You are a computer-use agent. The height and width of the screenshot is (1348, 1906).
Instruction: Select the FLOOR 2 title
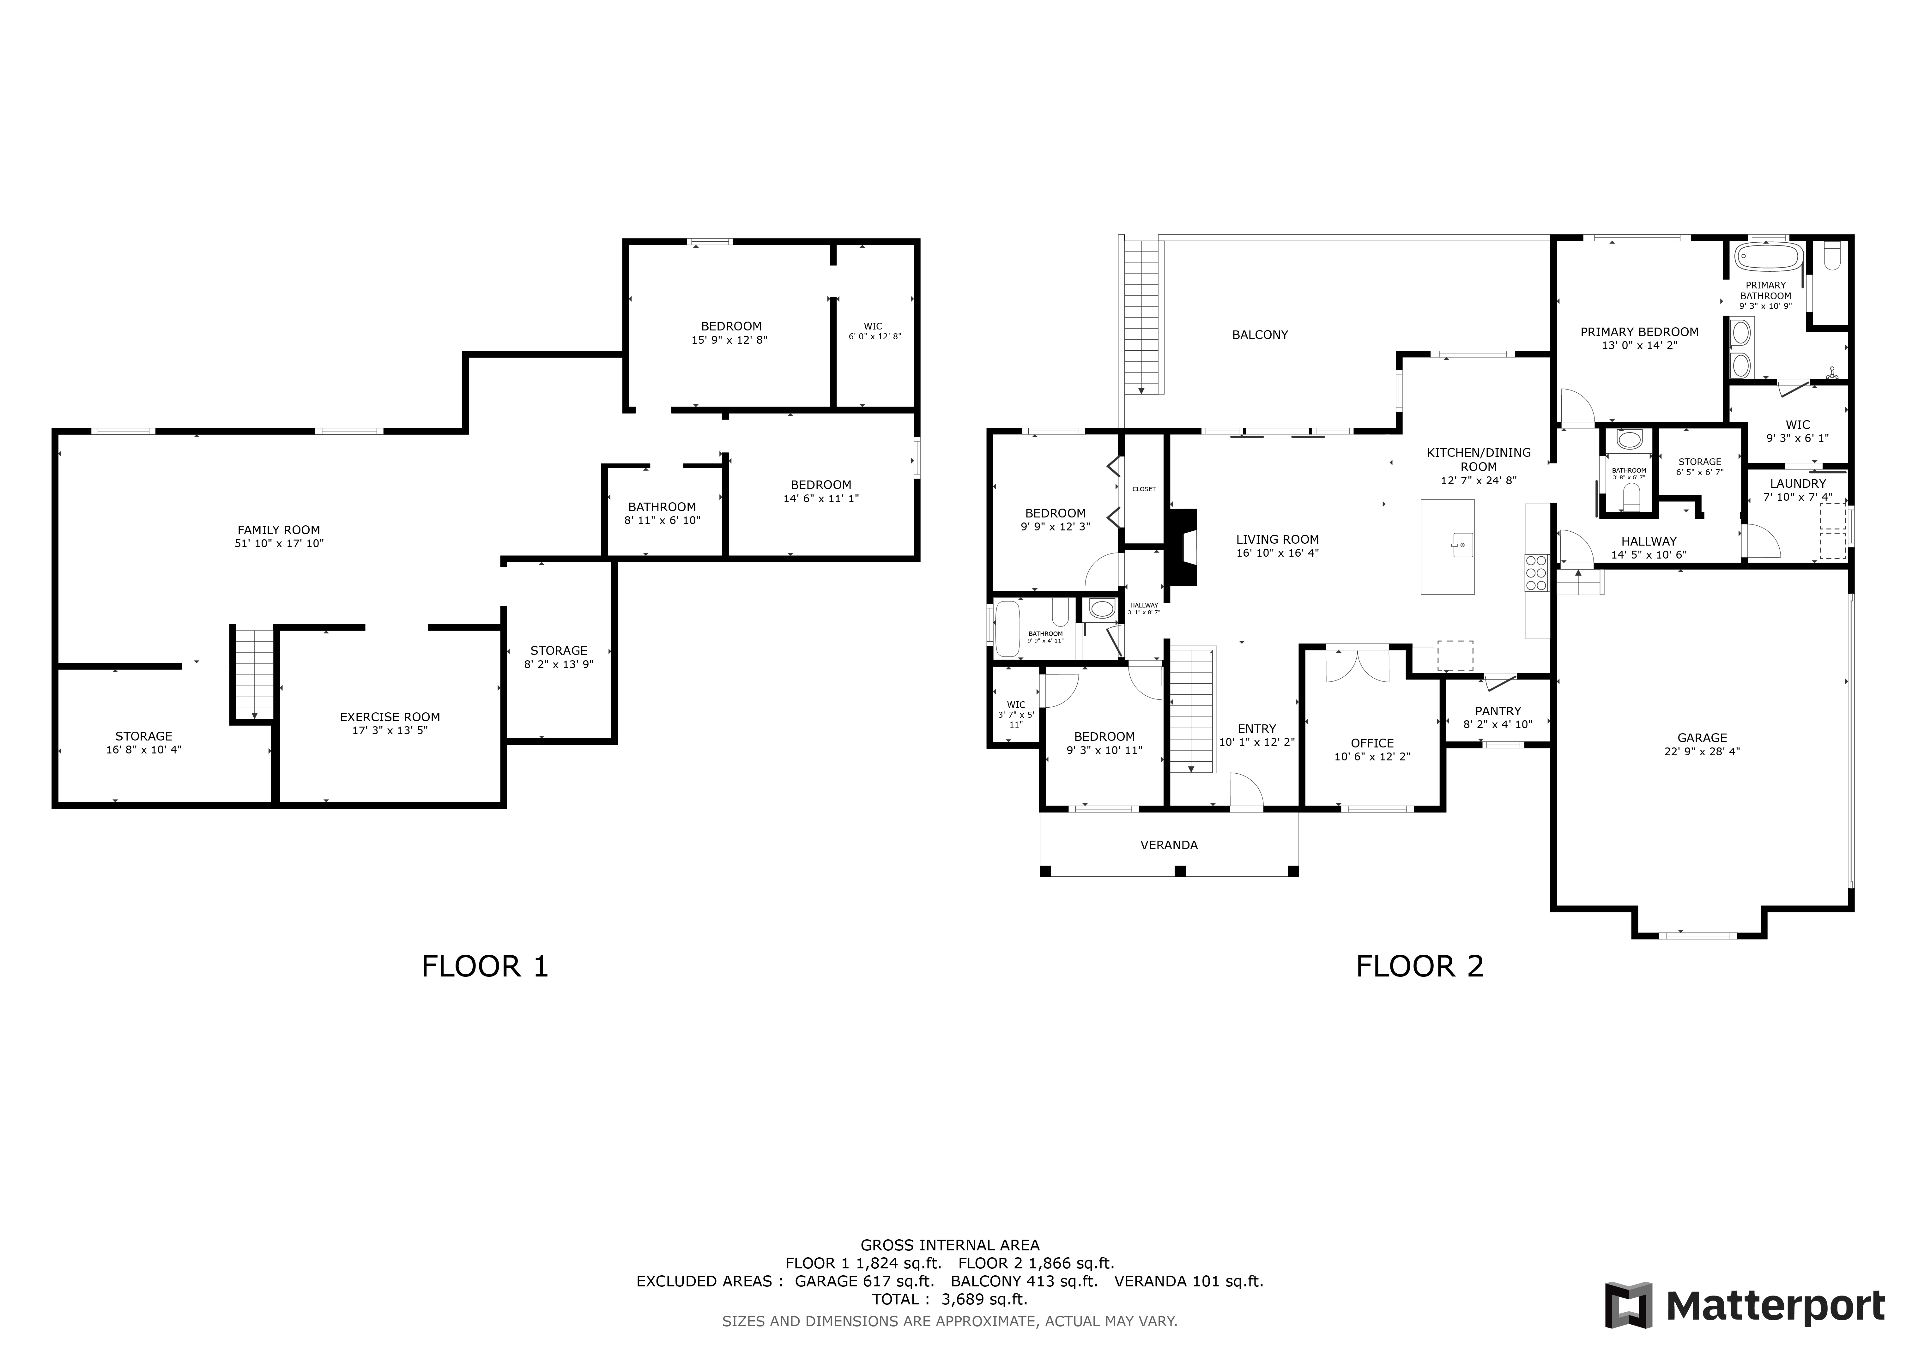click(x=1419, y=966)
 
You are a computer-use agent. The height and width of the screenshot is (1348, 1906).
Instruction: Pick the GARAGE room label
click(x=1702, y=737)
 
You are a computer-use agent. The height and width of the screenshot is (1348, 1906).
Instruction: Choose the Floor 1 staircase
click(x=253, y=674)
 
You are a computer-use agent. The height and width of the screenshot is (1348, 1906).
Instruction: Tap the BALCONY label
click(x=1259, y=335)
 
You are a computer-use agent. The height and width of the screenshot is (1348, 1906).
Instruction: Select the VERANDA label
click(x=1169, y=845)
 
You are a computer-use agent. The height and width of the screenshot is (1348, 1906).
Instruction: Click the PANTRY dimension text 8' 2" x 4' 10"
click(x=1498, y=725)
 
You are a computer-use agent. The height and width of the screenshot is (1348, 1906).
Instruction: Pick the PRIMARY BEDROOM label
click(x=1639, y=332)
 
